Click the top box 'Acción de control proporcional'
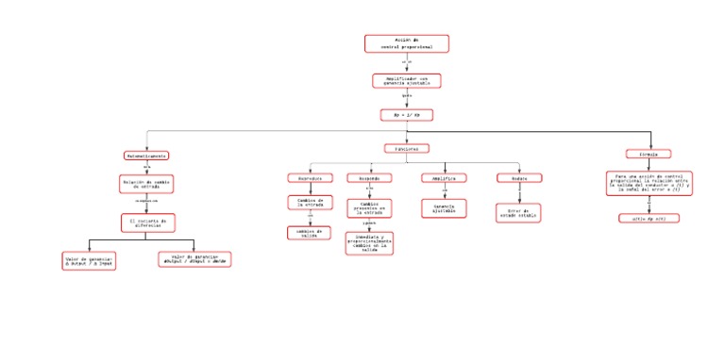coord(406,43)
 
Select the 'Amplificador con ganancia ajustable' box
coord(406,81)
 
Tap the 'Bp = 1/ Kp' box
coord(406,115)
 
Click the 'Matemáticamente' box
coord(146,156)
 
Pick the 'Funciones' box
coord(406,148)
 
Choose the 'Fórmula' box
coord(649,154)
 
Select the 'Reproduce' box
coord(310,178)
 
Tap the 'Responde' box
coord(369,178)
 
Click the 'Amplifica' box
coord(444,177)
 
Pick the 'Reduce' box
coord(519,177)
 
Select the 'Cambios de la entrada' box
coord(310,203)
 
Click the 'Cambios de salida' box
coord(310,232)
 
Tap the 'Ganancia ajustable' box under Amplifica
coord(444,208)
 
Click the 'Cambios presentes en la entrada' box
coord(369,206)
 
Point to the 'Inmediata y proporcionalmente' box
coord(369,243)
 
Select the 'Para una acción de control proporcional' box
coord(649,183)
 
